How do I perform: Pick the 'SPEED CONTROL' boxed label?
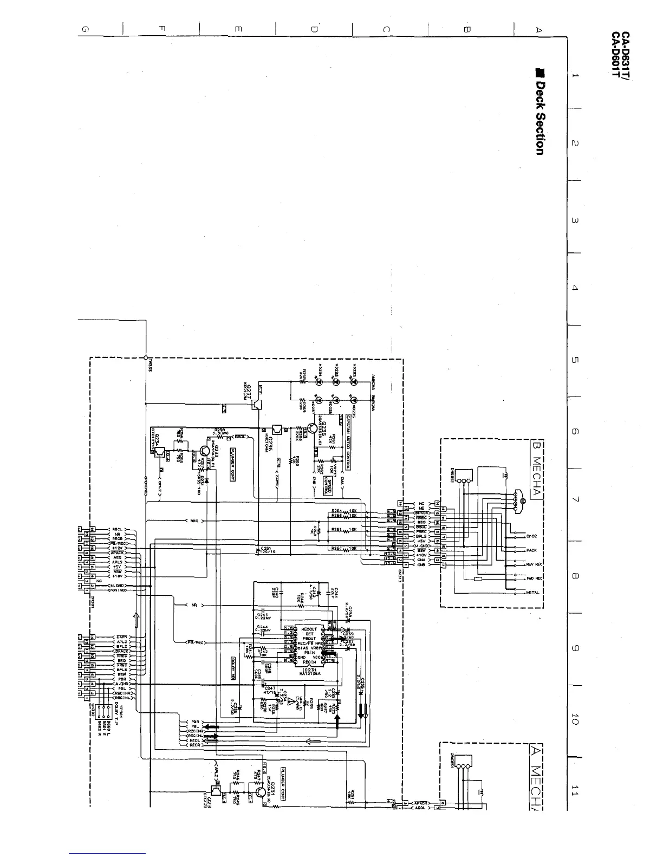pyautogui.click(x=326, y=482)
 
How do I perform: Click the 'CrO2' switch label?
pyautogui.click(x=531, y=536)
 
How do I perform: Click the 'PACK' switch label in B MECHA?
pyautogui.click(x=531, y=550)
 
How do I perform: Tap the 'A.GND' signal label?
pyautogui.click(x=120, y=684)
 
